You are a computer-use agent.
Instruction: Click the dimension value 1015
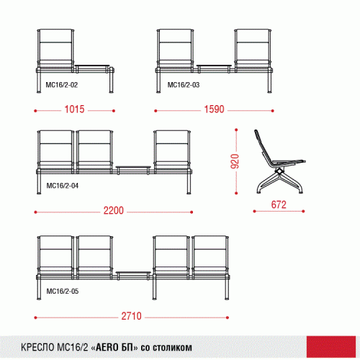click(74, 109)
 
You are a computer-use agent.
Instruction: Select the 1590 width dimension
click(214, 109)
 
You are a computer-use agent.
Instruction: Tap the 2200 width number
click(114, 210)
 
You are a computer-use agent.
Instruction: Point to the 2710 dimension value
click(131, 316)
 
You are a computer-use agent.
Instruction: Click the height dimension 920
click(235, 161)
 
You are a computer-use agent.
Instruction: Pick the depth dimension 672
click(279, 204)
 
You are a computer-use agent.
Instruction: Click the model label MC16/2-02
click(62, 85)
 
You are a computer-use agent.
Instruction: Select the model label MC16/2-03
click(184, 85)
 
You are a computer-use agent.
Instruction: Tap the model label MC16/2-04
click(63, 186)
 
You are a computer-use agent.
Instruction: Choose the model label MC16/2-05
click(63, 292)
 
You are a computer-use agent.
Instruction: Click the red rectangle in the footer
click(331, 346)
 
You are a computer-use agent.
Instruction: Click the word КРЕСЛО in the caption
click(38, 347)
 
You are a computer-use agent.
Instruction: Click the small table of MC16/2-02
click(92, 66)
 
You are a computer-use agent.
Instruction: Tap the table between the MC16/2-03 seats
click(214, 66)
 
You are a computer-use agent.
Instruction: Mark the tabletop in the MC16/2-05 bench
click(133, 273)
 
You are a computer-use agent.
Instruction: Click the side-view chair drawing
click(279, 161)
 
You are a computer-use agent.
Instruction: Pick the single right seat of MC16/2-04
click(172, 151)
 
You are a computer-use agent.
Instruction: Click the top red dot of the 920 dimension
click(236, 130)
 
